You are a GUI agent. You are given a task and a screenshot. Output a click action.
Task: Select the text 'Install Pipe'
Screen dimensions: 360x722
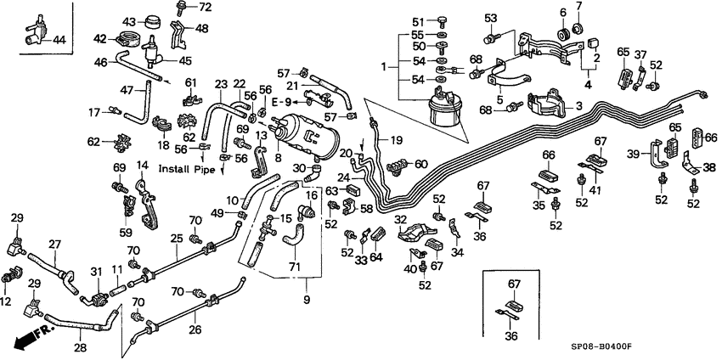tap(186, 170)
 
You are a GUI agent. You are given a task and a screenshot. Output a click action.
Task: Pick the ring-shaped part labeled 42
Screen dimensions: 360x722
tap(130, 38)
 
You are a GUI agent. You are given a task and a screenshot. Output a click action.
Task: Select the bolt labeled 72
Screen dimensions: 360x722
tap(183, 8)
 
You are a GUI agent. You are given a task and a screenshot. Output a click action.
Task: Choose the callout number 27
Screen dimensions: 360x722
tap(54, 245)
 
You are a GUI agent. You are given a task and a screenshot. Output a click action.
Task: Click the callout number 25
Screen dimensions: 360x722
tap(176, 239)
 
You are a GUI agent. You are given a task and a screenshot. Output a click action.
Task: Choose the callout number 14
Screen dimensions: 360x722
tap(142, 166)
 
